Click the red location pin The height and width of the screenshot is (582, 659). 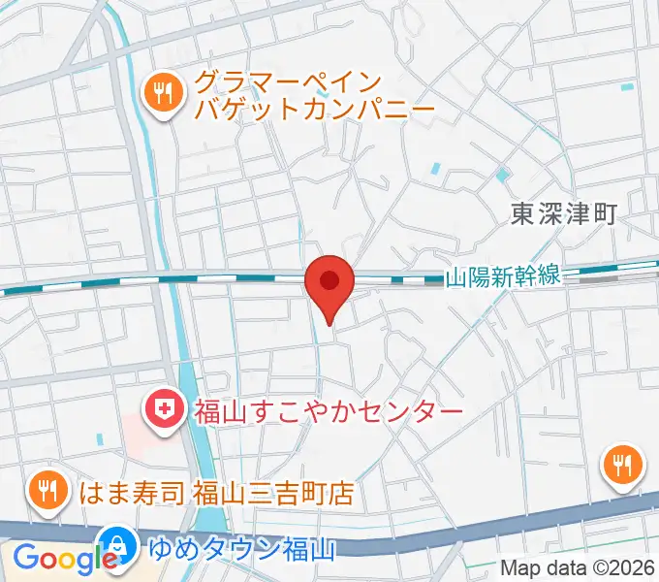tap(329, 283)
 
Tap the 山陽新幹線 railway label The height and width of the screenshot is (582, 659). tap(503, 276)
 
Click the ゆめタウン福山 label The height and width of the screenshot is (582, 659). tap(242, 550)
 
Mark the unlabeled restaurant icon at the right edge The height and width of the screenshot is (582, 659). tap(623, 467)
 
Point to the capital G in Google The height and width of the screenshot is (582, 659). tap(26, 558)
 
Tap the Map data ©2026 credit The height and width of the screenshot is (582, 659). tap(578, 568)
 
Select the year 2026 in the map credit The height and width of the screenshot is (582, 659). tap(633, 568)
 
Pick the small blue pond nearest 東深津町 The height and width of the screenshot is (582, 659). tap(502, 177)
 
